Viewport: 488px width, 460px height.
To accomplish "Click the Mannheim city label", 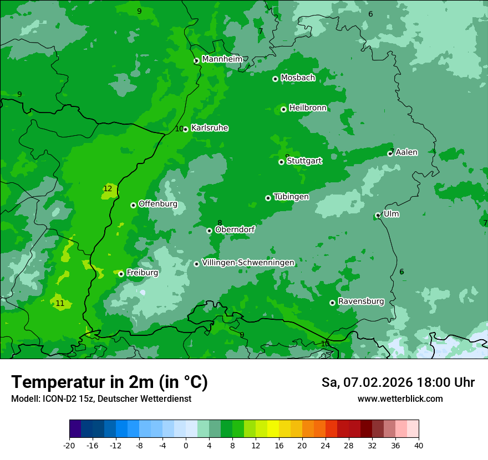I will (x=222, y=59).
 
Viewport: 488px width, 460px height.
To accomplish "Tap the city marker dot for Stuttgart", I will (x=281, y=162).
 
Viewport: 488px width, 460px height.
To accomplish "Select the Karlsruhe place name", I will (x=209, y=128).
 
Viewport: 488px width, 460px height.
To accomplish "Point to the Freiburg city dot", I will (x=121, y=274).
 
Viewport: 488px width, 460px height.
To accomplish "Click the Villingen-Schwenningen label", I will (x=248, y=263).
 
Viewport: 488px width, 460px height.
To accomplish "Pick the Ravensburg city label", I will (x=360, y=301).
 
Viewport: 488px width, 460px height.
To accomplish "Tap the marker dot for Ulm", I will (x=378, y=215).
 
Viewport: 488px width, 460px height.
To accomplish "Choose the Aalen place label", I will (x=406, y=152).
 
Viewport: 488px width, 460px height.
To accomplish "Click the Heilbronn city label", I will (x=308, y=108).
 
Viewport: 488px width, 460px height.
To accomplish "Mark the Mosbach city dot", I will (x=275, y=79).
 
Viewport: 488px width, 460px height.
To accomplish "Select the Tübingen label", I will (x=291, y=197).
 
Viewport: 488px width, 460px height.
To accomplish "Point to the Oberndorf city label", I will (x=235, y=229).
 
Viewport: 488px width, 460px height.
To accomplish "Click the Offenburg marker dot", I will (x=133, y=205).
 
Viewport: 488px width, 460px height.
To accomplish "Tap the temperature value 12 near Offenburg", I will (x=108, y=189).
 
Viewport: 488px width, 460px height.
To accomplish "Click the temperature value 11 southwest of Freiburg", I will (x=60, y=304).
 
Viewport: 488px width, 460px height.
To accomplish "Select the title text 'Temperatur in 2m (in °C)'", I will (x=109, y=382).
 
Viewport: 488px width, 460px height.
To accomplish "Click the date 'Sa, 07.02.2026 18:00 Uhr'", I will (x=398, y=382).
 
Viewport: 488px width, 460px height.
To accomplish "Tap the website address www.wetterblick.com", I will (x=400, y=399).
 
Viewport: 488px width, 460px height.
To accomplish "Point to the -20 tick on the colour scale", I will (x=69, y=445).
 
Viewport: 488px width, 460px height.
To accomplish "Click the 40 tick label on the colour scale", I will (x=418, y=445).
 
